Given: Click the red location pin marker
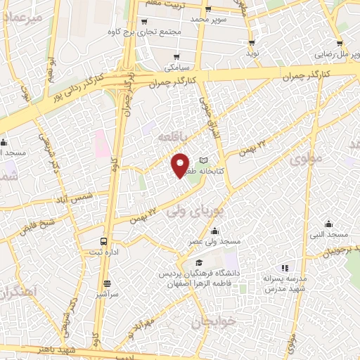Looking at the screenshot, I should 181,164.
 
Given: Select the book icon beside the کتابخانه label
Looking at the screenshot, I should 204,160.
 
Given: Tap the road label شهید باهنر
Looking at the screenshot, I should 64,349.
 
